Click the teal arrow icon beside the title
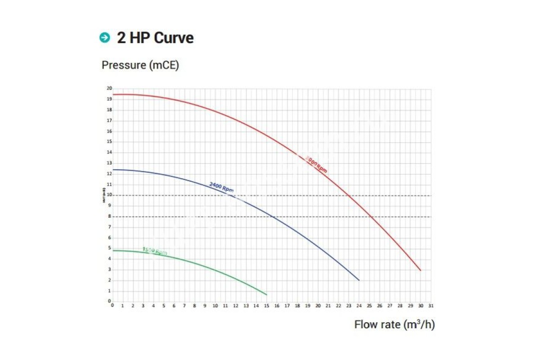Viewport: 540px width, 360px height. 104,38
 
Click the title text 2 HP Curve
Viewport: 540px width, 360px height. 155,38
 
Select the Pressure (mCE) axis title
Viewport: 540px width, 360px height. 140,65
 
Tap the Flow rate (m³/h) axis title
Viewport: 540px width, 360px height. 394,324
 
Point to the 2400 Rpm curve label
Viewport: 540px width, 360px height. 221,187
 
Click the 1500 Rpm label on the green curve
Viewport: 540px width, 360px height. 155,251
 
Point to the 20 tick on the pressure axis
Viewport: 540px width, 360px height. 109,88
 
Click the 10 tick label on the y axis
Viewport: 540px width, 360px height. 109,195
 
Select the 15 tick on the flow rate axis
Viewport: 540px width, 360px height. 266,306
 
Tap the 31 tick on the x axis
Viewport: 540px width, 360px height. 431,306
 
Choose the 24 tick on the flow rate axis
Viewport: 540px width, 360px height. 359,306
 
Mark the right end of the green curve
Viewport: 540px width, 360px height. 266,295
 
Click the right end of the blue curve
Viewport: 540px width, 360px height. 359,280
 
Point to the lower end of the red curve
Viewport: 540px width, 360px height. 421,270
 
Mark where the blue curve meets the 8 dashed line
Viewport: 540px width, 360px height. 273,217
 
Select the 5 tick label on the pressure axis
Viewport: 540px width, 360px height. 109,248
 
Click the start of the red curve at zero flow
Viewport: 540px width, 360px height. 113,94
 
